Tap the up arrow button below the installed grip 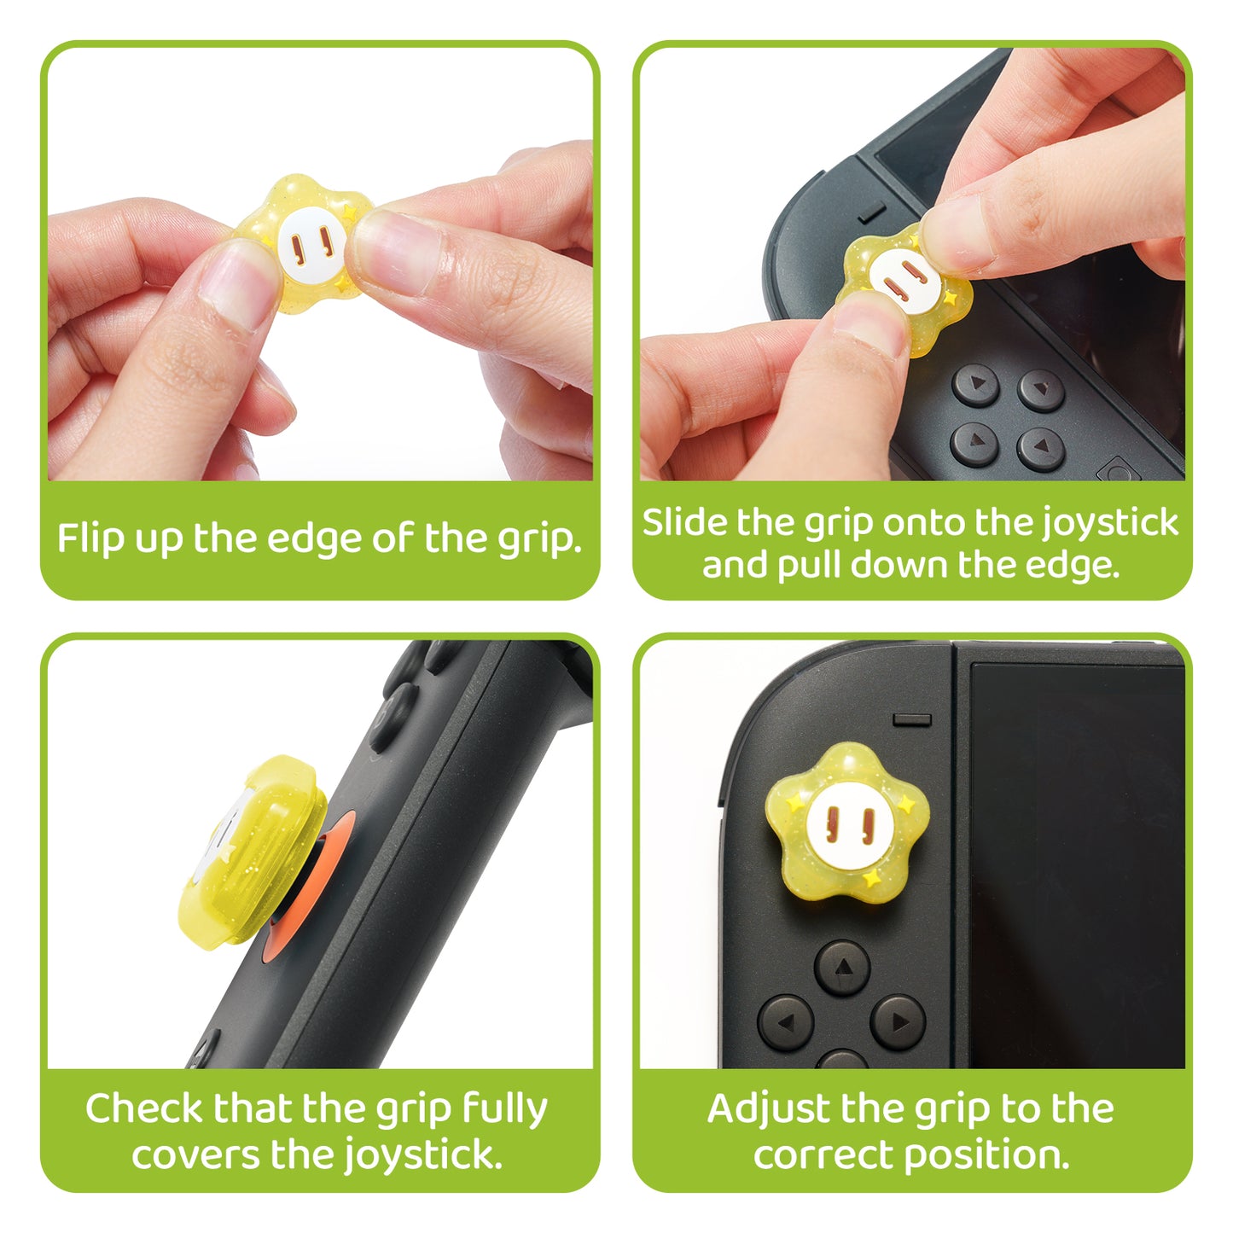tap(842, 968)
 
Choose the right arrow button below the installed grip tap(898, 1021)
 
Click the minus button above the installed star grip tap(912, 719)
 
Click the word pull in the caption tap(810, 565)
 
